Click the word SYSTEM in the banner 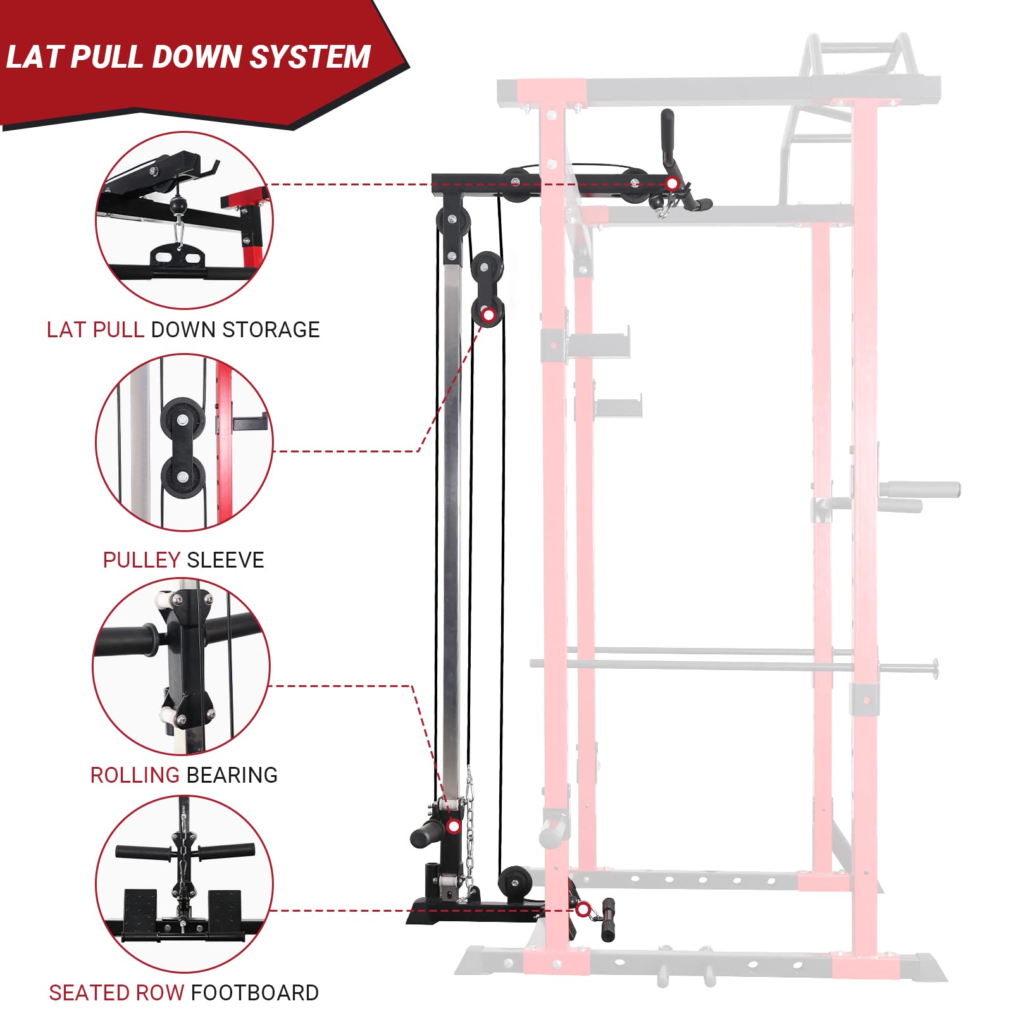(x=310, y=57)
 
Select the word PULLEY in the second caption (x=142, y=560)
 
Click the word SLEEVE (x=225, y=560)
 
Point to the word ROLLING (x=135, y=775)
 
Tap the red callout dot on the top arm (x=673, y=184)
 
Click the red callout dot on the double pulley (x=488, y=314)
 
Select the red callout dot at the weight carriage (x=453, y=826)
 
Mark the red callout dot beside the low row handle (x=583, y=910)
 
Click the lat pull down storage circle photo (x=184, y=220)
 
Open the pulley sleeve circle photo (x=184, y=442)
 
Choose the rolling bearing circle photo (x=182, y=666)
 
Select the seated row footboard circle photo (x=184, y=884)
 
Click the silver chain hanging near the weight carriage (x=470, y=829)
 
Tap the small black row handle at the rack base (x=609, y=920)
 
